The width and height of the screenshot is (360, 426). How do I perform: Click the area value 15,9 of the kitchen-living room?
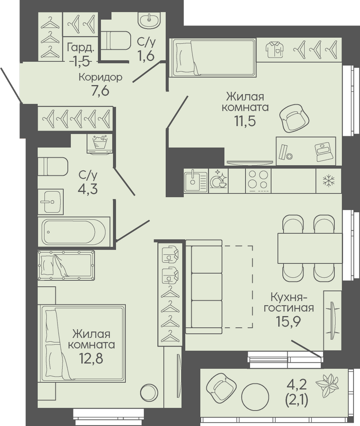click(x=288, y=322)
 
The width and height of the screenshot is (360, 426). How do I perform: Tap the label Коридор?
click(x=100, y=78)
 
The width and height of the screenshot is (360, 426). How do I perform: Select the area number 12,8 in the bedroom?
click(x=91, y=358)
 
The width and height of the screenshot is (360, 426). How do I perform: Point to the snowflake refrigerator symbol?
click(x=328, y=181)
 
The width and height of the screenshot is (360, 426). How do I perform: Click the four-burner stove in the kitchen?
click(x=258, y=181)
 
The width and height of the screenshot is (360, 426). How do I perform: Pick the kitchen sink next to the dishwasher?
click(x=196, y=181)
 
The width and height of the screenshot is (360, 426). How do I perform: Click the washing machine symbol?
click(x=99, y=144)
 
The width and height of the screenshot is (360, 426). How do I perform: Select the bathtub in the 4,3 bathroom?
click(x=74, y=232)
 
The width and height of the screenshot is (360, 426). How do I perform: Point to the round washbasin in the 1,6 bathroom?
click(x=150, y=19)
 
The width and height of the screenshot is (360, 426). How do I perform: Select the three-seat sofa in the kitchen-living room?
click(x=204, y=287)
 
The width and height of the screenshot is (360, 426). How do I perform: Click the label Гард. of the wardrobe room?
click(x=81, y=49)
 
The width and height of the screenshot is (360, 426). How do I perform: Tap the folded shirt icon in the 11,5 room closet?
click(x=275, y=49)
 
